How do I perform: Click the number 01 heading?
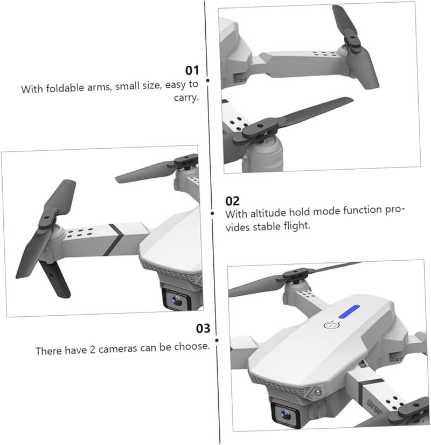[192, 70]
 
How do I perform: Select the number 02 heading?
[232, 201]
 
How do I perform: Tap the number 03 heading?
[203, 328]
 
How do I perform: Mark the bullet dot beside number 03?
[217, 339]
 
